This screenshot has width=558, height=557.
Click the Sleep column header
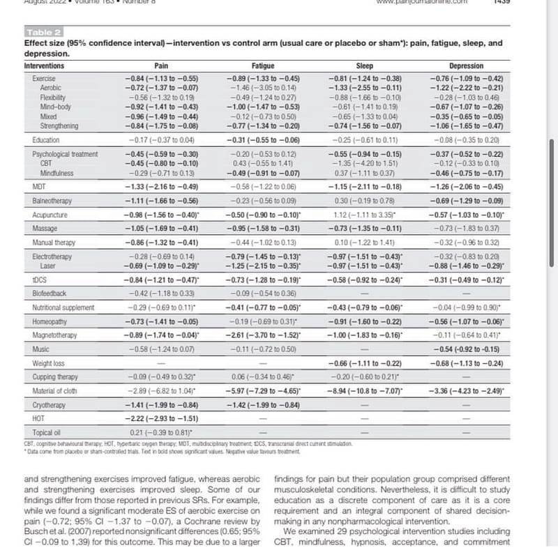click(x=364, y=66)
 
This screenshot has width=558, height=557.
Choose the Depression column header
click(x=466, y=66)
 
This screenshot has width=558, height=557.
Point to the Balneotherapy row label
click(x=52, y=200)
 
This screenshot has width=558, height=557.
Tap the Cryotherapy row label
click(x=49, y=405)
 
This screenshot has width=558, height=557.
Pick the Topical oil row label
click(x=47, y=433)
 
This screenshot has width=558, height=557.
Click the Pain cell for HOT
click(x=161, y=419)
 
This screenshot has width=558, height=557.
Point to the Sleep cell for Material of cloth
click(x=365, y=391)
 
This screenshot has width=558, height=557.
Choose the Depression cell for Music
click(x=466, y=349)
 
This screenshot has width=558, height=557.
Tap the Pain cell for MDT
click(x=161, y=186)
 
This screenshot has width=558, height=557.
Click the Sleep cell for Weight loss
click(x=365, y=363)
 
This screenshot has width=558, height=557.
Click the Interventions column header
click(x=44, y=66)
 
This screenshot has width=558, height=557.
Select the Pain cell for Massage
click(x=161, y=229)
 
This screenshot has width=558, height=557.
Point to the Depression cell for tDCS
click(x=466, y=280)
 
